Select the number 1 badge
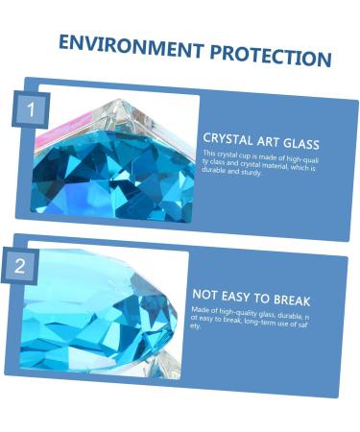point(30,110)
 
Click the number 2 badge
point(20,266)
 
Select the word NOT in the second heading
point(207,294)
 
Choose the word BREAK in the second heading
point(292,300)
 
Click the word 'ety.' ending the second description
point(197,327)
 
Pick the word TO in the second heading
point(265,299)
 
